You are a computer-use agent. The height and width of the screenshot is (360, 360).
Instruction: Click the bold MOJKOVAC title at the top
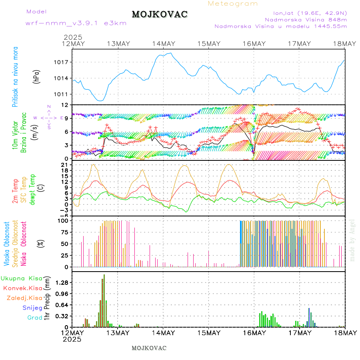pos(160,14)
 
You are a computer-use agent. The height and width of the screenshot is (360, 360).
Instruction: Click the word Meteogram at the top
pos(233,4)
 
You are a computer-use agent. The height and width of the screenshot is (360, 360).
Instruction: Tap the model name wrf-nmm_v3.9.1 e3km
pos(76,23)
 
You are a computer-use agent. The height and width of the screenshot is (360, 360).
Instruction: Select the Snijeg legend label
pos(32,308)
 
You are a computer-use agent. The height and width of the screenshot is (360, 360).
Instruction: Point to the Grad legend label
pos(34,318)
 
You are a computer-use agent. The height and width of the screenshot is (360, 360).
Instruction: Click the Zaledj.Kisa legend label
pos(24,298)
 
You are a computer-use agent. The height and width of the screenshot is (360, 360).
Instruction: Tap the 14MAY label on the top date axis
pos(163,44)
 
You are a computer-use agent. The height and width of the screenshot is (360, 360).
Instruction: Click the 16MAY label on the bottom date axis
pos(254,333)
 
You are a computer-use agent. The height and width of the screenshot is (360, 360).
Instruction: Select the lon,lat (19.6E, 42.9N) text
pos(310,13)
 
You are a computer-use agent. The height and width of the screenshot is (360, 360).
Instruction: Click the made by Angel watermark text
pos(352,240)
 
